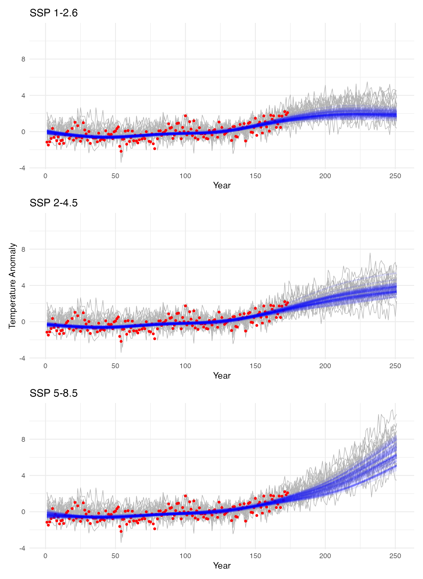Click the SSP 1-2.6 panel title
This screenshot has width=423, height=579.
53,13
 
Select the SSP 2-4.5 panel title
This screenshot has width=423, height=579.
53,203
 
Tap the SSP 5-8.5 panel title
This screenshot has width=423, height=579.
53,393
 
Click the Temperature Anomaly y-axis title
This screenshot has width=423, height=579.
12,286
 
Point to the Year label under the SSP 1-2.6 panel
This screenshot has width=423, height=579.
222,185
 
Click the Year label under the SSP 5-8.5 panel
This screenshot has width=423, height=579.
222,566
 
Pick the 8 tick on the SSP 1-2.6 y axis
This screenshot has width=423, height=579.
23,59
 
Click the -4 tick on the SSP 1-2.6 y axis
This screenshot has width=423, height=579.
22,168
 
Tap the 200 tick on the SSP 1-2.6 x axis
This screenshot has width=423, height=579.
325,176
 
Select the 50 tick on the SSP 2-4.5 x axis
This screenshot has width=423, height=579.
115,366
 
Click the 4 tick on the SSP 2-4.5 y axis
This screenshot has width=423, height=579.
23,286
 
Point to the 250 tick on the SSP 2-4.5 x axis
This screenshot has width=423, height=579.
395,366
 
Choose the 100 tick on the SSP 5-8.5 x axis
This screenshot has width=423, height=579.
185,556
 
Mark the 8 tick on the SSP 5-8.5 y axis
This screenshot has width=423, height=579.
23,439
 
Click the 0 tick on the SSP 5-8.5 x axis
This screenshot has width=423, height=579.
46,556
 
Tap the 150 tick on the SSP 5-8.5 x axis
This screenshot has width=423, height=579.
255,556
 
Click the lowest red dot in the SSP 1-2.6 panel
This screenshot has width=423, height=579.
121,151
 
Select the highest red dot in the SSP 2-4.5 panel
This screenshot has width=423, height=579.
285,302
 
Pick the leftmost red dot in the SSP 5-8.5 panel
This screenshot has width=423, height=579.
47,522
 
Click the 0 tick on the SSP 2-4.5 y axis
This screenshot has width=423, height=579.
23,322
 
